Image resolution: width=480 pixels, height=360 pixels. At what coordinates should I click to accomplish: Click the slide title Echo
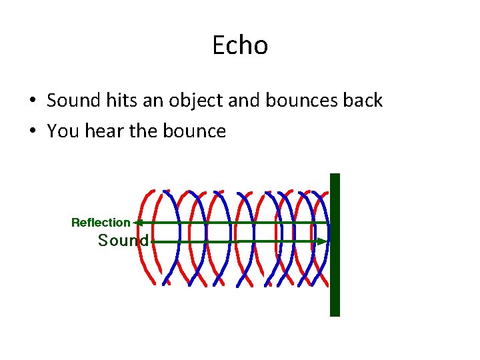coord(240,45)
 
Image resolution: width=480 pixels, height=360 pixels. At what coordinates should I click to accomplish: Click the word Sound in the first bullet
coord(71,101)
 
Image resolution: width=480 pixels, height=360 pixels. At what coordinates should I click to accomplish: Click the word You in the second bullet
coord(63,131)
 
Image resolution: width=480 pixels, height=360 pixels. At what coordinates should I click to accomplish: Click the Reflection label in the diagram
coord(101,223)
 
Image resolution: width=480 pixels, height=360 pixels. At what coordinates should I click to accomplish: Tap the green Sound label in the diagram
coord(123,241)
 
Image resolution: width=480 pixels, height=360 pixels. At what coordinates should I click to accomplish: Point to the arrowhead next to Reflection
coord(137,223)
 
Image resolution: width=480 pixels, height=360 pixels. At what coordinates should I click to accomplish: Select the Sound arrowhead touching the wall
coord(323,241)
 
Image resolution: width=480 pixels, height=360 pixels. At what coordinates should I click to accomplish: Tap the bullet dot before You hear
coord(32,132)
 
